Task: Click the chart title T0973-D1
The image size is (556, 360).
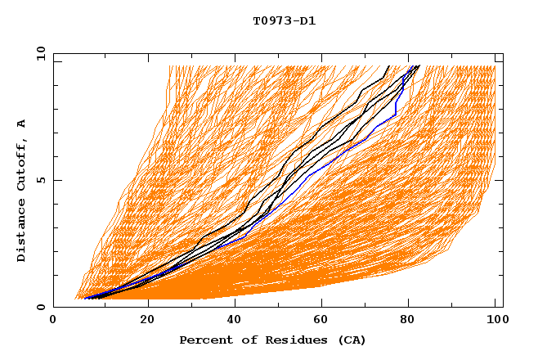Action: pos(285,20)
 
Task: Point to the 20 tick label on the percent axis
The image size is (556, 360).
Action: pos(147,321)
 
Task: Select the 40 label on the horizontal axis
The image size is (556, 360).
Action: pos(235,321)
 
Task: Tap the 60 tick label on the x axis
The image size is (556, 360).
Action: pos(324,321)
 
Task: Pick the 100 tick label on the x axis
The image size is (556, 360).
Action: pos(495,321)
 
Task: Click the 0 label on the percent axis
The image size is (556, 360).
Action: pos(54,321)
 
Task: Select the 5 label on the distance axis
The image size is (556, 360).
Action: pos(40,180)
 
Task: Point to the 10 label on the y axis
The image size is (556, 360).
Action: pos(40,53)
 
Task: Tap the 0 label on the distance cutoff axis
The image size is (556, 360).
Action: pos(40,307)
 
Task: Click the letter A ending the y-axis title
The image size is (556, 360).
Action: pos(21,123)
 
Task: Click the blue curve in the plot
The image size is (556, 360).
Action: pos(327,164)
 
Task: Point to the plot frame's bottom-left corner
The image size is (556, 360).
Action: pos(54,307)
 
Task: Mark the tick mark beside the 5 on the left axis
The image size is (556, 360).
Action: pos(56,180)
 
